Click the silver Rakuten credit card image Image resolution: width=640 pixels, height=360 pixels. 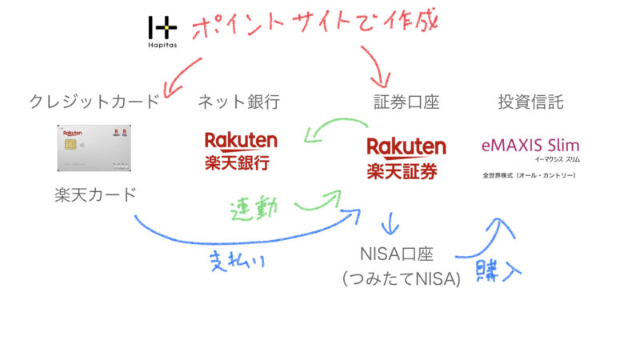(x=94, y=147)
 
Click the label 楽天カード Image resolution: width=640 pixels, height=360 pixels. (x=94, y=194)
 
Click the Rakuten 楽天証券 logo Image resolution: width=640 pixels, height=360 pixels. (x=406, y=158)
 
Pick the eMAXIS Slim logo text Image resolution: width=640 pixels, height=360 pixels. (x=530, y=146)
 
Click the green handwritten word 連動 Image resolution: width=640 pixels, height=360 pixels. (x=254, y=210)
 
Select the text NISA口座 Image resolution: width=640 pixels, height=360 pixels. (x=398, y=254)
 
